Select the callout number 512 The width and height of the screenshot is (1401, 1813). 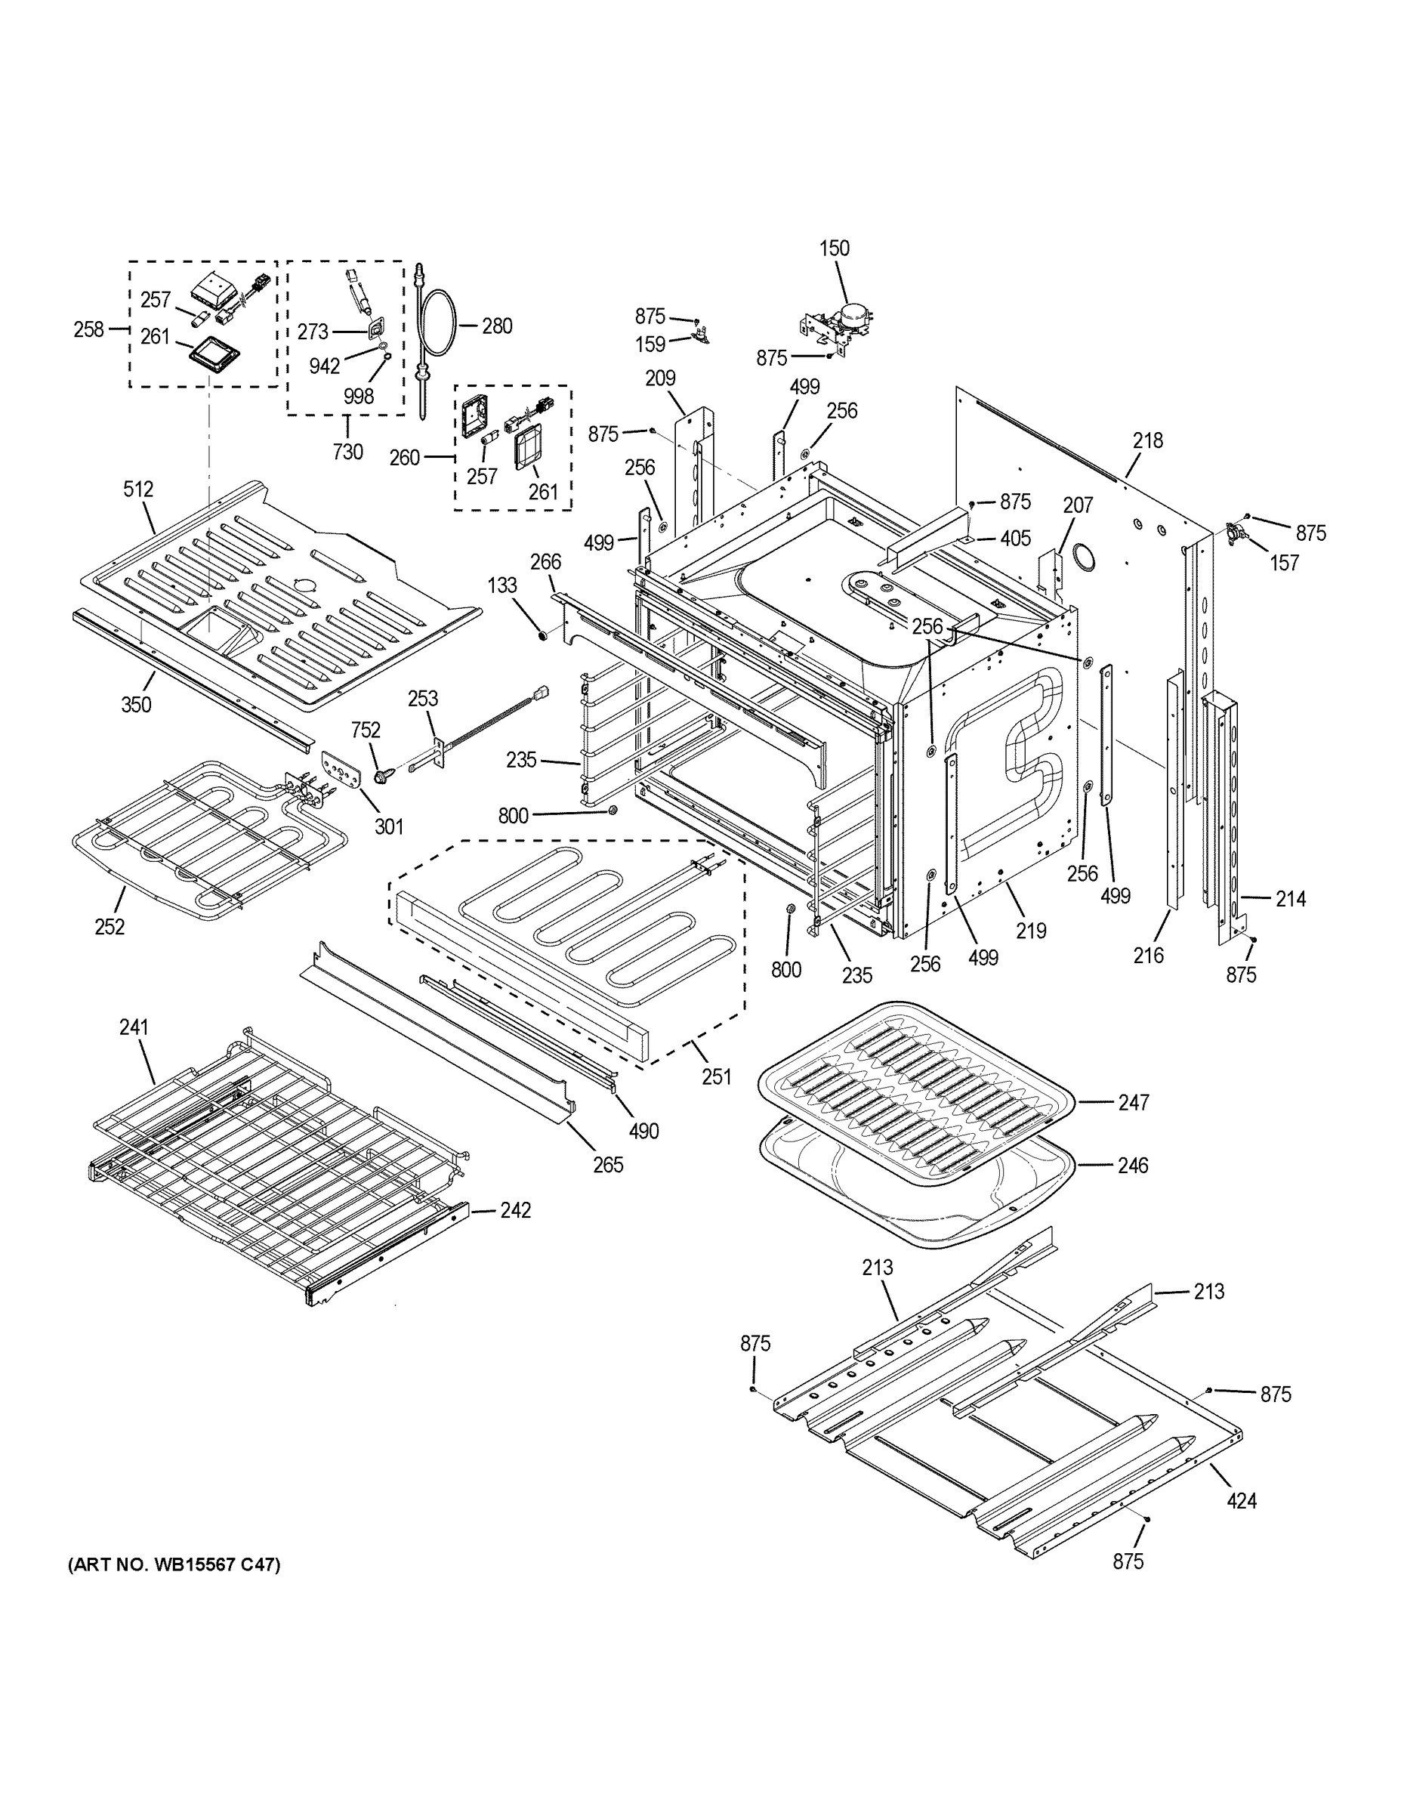click(x=139, y=489)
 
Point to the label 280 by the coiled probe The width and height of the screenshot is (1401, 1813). click(x=496, y=326)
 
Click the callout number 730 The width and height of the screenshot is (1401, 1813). click(x=347, y=452)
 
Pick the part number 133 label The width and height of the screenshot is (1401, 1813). click(x=501, y=585)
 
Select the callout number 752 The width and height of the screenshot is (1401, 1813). click(x=366, y=730)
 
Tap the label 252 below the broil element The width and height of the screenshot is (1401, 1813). click(x=110, y=926)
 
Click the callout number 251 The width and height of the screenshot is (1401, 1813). click(x=715, y=1076)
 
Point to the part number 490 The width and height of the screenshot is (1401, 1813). click(x=643, y=1131)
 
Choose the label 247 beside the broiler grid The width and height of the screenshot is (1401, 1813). click(x=1132, y=1102)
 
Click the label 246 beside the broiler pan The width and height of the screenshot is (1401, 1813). click(x=1132, y=1166)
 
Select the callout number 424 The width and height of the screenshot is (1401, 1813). click(x=1241, y=1500)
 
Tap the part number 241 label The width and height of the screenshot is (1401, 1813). click(x=134, y=1027)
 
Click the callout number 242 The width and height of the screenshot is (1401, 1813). click(x=514, y=1210)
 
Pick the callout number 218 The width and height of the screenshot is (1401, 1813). click(x=1148, y=441)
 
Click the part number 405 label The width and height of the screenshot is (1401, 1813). click(x=1015, y=538)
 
